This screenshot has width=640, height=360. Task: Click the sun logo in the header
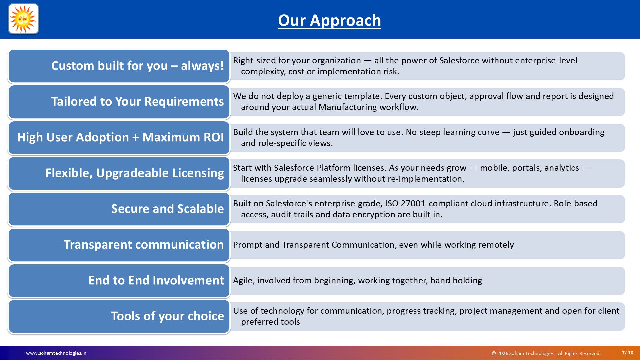(23, 19)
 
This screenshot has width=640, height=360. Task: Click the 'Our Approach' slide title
(329, 20)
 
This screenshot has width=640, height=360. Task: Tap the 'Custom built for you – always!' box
(119, 66)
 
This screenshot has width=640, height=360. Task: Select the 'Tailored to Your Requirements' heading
(137, 101)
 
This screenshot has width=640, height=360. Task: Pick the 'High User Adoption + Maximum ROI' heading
(120, 137)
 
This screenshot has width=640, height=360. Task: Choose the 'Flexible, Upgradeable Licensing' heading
(135, 173)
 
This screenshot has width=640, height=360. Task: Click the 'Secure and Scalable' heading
(167, 209)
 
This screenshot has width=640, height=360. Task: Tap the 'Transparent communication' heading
(144, 244)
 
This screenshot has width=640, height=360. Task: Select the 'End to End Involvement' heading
(156, 280)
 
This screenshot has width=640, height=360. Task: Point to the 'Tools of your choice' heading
(167, 316)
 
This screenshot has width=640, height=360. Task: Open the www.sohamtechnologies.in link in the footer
(56, 353)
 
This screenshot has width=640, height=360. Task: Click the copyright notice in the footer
(546, 353)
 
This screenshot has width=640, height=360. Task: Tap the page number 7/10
(628, 353)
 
